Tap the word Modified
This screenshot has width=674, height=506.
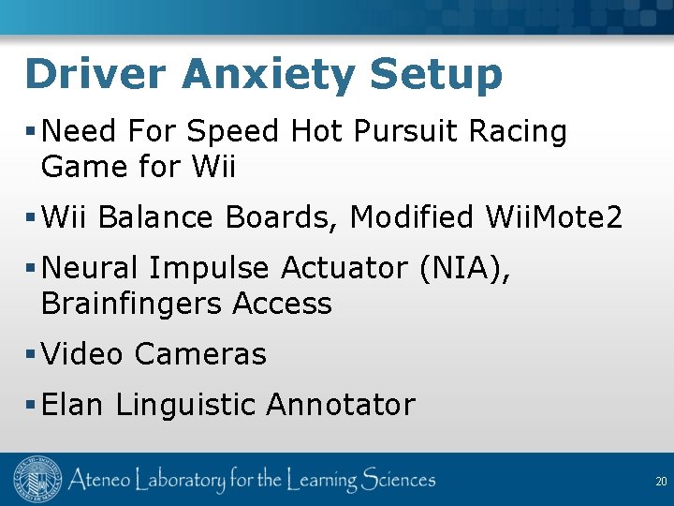click(x=412, y=217)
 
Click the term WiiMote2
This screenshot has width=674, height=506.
click(x=554, y=217)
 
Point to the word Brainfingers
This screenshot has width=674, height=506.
click(x=131, y=304)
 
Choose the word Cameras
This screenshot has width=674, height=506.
click(x=200, y=354)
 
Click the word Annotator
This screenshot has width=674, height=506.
click(x=340, y=405)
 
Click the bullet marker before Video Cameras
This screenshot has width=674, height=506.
click(x=31, y=354)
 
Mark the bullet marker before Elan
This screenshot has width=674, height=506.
click(x=31, y=405)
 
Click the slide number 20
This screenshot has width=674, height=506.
click(x=660, y=482)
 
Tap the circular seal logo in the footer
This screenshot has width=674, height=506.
click(x=37, y=480)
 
